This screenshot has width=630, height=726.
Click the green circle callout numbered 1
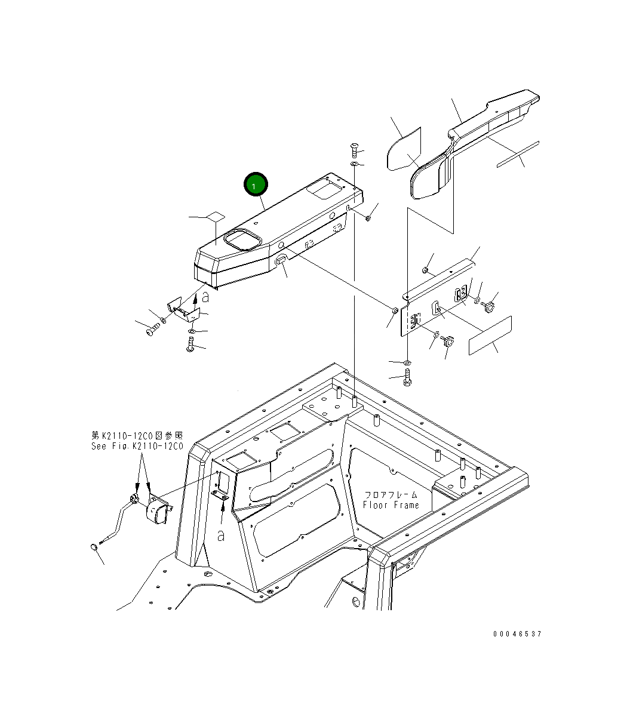[x=256, y=186]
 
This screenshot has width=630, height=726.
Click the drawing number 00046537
[x=517, y=633]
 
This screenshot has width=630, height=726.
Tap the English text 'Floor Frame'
[x=391, y=505]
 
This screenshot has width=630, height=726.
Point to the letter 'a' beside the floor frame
[x=220, y=536]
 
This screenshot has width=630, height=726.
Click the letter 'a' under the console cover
[x=205, y=296]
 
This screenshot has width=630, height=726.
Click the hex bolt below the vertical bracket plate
[x=407, y=377]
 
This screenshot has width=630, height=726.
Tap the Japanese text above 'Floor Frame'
[x=391, y=495]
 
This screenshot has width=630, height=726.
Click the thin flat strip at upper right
[x=517, y=154]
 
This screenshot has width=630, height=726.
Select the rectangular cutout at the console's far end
[x=321, y=190]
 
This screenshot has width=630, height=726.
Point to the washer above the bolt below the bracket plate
[x=407, y=362]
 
